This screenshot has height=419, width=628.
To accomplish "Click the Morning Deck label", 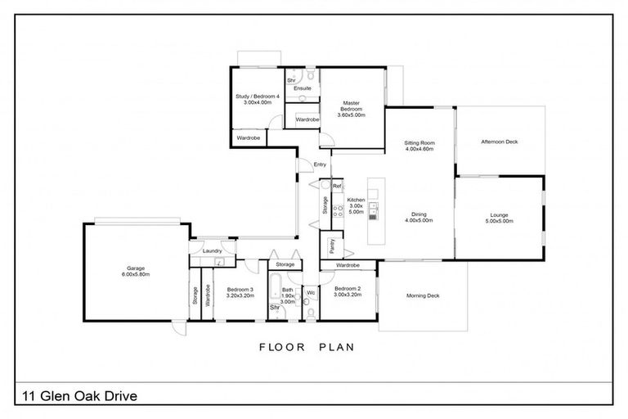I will pyautogui.click(x=423, y=295).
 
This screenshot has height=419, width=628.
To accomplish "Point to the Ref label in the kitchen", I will pyautogui.click(x=335, y=187).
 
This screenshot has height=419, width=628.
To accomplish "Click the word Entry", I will pyautogui.click(x=321, y=165).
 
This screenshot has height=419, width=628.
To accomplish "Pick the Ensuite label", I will pyautogui.click(x=303, y=88).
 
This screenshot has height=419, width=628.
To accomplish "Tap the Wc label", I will pyautogui.click(x=311, y=292).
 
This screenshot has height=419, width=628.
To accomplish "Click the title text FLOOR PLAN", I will pyautogui.click(x=307, y=346).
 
